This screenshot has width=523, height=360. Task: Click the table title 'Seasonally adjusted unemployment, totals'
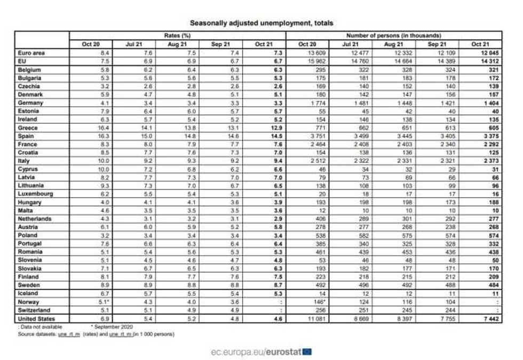[261, 23]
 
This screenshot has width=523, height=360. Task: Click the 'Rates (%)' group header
[177, 36]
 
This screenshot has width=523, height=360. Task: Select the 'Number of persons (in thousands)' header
[394, 36]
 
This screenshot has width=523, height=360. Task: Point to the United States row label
[35, 318]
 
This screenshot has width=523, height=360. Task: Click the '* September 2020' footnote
[112, 326]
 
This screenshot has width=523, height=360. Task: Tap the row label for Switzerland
[34, 310]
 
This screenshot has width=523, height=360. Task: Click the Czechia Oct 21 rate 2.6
[277, 87]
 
